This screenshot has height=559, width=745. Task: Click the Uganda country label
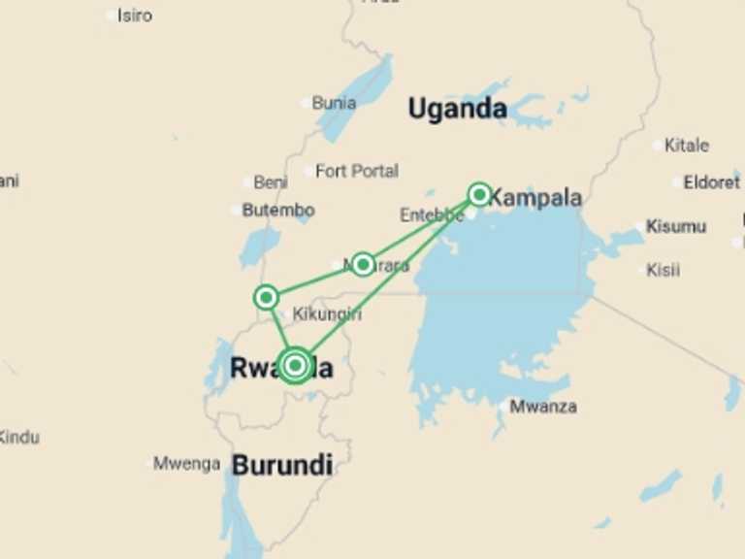click(457, 109)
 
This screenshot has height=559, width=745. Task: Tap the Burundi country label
click(282, 465)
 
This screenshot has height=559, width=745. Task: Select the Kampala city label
click(534, 198)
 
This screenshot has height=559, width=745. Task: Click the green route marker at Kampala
click(479, 194)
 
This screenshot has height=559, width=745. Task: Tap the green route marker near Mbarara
click(363, 263)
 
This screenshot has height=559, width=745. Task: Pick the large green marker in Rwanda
click(296, 365)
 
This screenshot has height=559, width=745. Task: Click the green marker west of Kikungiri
click(266, 297)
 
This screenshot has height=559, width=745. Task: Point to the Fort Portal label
click(356, 171)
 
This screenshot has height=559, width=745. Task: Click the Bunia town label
click(334, 102)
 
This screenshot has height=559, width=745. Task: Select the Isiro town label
click(134, 16)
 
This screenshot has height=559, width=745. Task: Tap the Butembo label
click(277, 210)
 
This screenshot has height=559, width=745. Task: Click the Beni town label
click(270, 182)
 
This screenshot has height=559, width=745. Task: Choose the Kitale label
click(686, 146)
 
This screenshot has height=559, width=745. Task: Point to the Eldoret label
click(711, 182)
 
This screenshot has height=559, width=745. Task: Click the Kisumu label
click(675, 227)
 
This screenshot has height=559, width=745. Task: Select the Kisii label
click(663, 270)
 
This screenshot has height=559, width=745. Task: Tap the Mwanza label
click(543, 407)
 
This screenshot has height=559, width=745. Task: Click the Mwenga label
click(186, 464)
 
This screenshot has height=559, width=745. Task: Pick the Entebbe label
click(431, 215)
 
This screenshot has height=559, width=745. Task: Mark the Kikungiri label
click(327, 314)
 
